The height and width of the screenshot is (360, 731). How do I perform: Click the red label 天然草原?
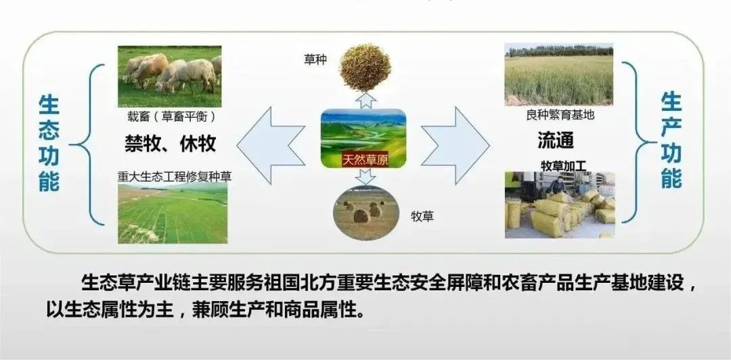coord(365,160)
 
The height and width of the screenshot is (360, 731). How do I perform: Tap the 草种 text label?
coord(315,60)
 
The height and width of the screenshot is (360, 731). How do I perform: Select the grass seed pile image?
coord(365,67)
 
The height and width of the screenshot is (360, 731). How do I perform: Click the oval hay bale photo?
coord(365,212)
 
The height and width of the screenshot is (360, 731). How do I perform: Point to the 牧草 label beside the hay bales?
coord(422,217)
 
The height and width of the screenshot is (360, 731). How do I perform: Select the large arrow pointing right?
coord(456,145)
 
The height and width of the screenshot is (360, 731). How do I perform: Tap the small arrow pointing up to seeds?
coord(365,100)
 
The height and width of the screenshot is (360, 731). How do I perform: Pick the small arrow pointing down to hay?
coord(365,177)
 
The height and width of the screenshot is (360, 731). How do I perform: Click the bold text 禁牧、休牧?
coord(170,143)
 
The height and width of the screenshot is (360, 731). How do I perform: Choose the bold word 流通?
coord(556,140)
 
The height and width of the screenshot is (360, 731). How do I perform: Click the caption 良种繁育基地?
coord(560,114)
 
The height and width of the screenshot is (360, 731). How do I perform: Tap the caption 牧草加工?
coord(563,166)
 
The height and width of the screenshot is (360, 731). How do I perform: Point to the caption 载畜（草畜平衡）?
coord(170,116)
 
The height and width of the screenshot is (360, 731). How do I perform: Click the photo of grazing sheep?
coord(169,76)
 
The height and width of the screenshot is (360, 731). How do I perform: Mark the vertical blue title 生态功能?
coord(49,143)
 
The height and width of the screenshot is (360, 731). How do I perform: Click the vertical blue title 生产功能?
coord(671,140)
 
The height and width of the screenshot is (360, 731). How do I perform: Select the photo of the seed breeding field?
coord(558,74)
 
